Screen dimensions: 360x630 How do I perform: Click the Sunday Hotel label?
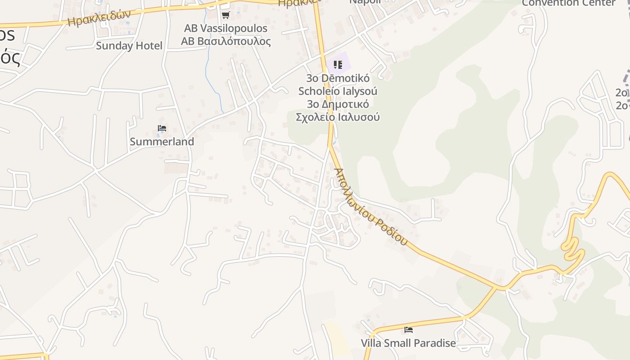pos(129,45)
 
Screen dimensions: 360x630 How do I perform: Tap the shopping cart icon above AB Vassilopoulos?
pos(225,15)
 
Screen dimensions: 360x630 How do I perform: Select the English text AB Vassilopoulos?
pos(225,28)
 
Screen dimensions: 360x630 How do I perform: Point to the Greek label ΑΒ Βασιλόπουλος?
pos(225,41)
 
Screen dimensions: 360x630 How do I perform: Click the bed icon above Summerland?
pos(162,129)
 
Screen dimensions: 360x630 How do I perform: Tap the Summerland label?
pos(162,141)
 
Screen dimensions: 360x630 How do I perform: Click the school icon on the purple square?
pos(338,64)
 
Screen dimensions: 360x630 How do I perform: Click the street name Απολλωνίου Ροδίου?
pos(371,207)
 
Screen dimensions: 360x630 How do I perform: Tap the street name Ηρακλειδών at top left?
pos(99,18)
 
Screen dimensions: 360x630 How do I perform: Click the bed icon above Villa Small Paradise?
pos(409,330)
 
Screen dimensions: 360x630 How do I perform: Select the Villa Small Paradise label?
pos(408,343)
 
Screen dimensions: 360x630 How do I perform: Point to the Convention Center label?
pos(568,3)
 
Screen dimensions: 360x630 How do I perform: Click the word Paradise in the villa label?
pos(433,343)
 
